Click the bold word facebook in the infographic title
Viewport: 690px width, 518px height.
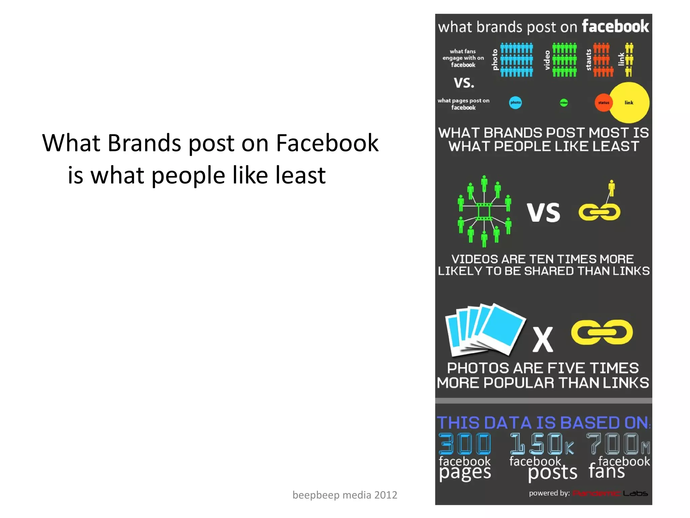(615, 26)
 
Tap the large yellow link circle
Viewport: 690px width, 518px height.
(629, 103)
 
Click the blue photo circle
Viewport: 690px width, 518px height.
(515, 103)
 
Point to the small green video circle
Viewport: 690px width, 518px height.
(564, 103)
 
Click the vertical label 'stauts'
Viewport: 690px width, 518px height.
(589, 60)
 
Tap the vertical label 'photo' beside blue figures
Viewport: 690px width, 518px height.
(495, 60)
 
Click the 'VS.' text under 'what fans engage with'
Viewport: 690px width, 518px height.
(464, 83)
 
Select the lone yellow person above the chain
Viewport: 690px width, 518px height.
(611, 188)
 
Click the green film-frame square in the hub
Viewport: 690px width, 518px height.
(484, 212)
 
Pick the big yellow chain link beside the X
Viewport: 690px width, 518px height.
(602, 332)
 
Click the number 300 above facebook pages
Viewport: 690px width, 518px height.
(465, 444)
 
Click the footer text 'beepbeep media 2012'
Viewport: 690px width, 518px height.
(345, 495)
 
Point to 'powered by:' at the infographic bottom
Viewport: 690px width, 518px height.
(549, 493)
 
